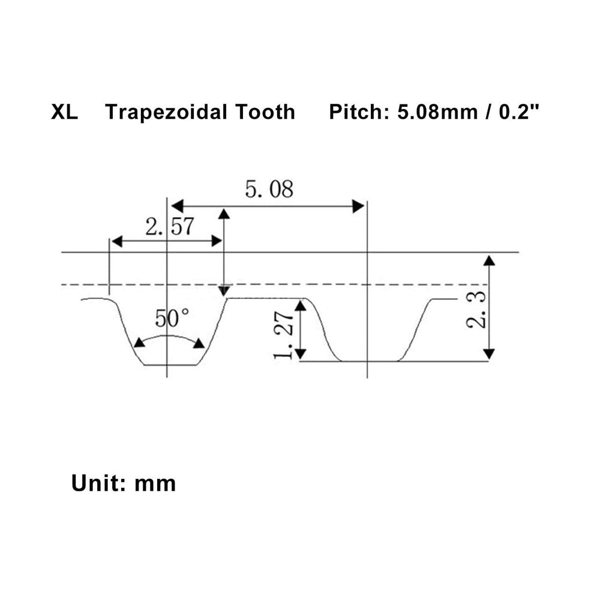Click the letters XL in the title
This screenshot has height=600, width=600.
(64, 112)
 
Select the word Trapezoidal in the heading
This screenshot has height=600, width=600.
(166, 113)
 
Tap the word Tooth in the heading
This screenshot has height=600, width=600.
(265, 112)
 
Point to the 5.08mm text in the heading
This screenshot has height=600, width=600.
(438, 112)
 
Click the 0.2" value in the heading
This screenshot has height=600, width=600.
(519, 112)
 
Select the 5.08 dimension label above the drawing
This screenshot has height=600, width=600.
(269, 189)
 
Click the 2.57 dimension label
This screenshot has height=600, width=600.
(170, 227)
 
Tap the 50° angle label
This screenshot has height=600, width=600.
(172, 319)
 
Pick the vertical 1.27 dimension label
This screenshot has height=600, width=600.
(284, 335)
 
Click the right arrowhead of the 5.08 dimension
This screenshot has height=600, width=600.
(358, 206)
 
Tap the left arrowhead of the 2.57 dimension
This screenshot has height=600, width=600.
(117, 241)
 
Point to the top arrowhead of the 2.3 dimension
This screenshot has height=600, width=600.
(489, 261)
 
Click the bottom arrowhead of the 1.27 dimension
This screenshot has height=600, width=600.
(301, 355)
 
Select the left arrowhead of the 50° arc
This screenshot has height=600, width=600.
(139, 343)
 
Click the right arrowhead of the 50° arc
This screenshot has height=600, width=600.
(199, 343)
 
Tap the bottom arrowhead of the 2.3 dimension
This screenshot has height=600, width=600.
(489, 355)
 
